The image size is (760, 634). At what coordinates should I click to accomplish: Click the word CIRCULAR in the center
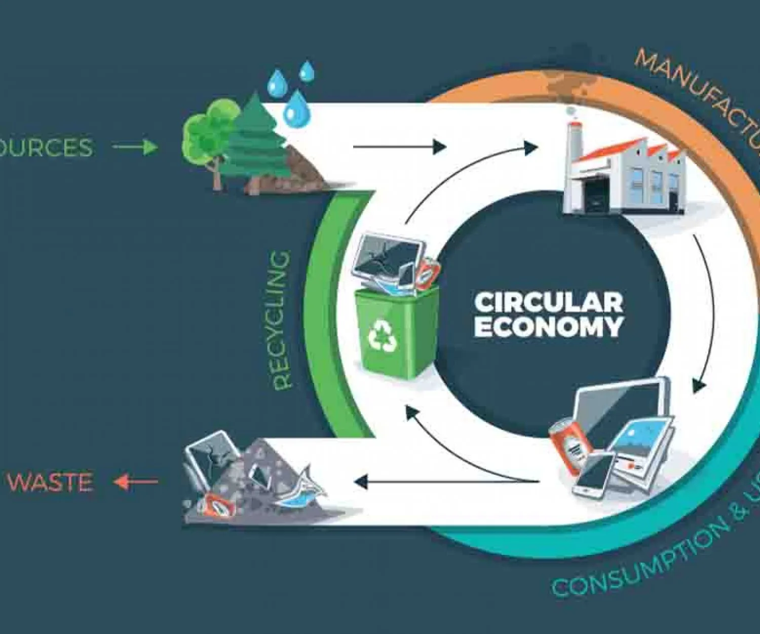[548, 303]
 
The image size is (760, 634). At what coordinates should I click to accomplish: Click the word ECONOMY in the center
[548, 327]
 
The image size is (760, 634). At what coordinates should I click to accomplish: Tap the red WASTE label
[50, 482]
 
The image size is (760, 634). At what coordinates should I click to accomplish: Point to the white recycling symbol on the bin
[383, 336]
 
